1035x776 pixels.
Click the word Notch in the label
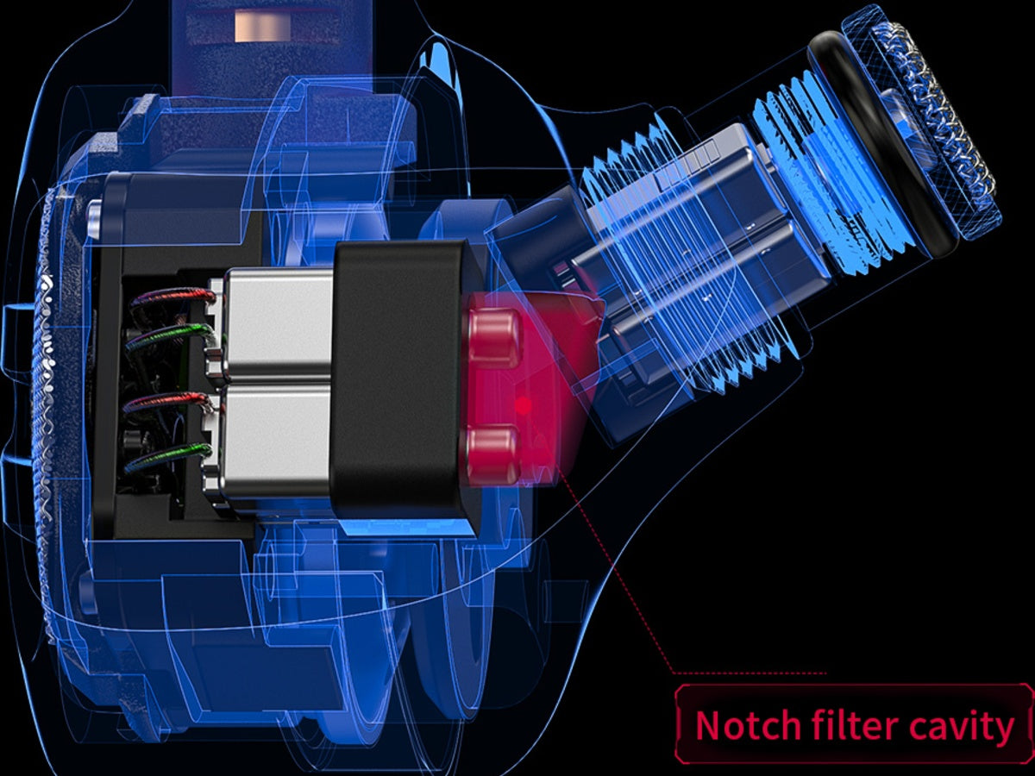coord(748,726)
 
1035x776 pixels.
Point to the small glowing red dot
coord(524,404)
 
